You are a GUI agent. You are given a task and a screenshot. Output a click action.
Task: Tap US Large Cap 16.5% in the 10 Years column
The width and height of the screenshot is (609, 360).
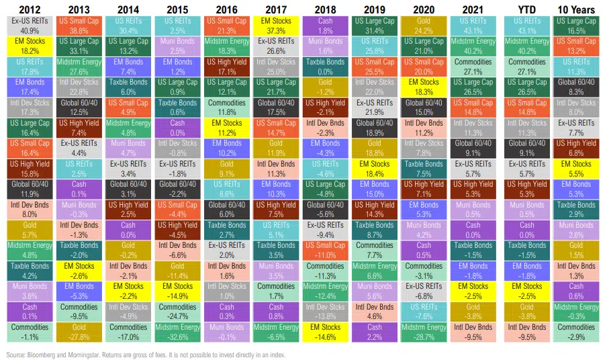pos(577,26)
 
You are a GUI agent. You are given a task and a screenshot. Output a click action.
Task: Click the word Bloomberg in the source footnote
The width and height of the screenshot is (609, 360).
pos(40,353)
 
